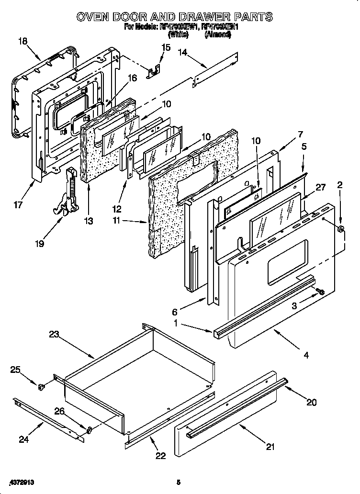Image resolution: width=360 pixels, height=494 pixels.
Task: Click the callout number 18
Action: click(x=22, y=41)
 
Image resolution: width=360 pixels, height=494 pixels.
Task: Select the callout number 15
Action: click(x=166, y=47)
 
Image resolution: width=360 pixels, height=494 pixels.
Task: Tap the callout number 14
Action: click(x=182, y=53)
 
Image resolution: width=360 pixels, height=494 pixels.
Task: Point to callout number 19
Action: click(x=39, y=244)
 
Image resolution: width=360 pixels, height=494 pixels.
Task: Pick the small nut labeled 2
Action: click(x=340, y=230)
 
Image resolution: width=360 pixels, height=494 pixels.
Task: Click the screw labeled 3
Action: click(x=320, y=291)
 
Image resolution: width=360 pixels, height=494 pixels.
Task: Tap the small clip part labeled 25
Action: click(x=41, y=384)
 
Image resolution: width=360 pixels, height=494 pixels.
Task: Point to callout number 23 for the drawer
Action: click(x=53, y=335)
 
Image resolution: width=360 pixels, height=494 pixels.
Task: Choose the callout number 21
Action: click(x=270, y=447)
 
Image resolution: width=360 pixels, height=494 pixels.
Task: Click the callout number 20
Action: click(x=311, y=402)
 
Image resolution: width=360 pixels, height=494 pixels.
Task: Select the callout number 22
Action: click(x=160, y=456)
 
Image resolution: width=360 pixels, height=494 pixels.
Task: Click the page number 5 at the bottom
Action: click(x=178, y=482)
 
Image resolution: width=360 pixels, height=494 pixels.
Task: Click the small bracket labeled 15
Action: click(x=153, y=72)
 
